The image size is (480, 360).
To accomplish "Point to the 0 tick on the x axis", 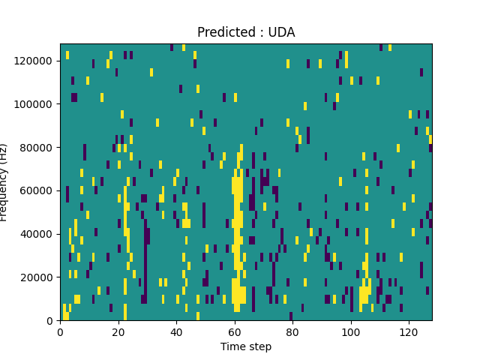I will [60, 331].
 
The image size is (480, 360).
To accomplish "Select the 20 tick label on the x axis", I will [118, 331].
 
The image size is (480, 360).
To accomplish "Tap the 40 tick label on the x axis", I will [176, 331].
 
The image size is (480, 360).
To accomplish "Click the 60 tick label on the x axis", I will [234, 331].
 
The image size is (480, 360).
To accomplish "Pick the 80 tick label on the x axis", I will [292, 331].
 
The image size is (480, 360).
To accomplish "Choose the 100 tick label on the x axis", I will [350, 331].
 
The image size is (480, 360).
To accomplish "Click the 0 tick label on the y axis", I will [51, 321].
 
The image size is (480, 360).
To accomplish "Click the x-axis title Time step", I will [246, 346].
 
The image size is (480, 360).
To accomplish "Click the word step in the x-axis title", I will [259, 347].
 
